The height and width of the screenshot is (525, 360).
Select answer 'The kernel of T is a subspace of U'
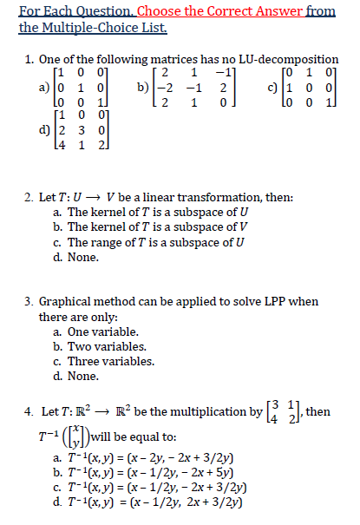(153, 212)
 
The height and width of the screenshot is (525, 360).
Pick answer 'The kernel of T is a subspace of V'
(153, 227)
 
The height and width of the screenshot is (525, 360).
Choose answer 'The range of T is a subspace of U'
(152, 242)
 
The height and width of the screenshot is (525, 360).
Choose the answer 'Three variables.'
(114, 362)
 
